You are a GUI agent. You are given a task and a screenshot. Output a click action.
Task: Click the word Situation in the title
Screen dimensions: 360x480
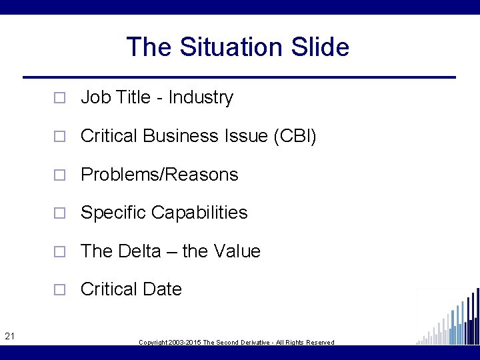235,47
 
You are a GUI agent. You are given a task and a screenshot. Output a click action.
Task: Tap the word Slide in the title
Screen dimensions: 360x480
320,47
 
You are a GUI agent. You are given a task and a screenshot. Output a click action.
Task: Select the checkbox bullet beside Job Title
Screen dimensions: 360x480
59,98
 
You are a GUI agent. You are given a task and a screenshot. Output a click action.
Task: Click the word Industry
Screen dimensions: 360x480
201,97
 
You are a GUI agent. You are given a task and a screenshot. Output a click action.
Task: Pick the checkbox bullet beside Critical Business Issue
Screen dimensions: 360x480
59,137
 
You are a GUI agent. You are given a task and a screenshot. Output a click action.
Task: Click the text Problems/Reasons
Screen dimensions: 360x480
159,175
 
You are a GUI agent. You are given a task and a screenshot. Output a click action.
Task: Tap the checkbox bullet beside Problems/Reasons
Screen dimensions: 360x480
59,175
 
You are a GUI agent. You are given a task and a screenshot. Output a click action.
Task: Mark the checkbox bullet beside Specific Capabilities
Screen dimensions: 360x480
59,213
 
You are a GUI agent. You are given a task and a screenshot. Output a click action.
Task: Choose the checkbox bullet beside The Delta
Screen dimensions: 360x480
59,252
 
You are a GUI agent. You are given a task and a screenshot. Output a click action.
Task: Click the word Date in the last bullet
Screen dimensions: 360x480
164,289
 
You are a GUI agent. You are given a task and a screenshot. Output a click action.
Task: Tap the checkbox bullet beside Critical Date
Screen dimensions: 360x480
59,290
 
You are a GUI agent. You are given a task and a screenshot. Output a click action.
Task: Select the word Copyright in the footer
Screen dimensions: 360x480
153,343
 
